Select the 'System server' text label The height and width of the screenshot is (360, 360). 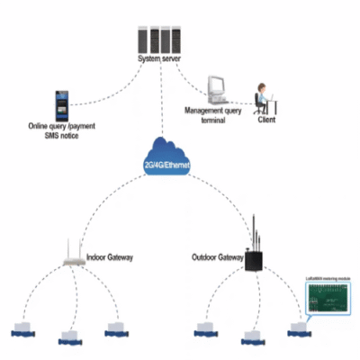(160, 59)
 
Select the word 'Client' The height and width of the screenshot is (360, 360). (267, 118)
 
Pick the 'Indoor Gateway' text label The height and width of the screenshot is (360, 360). (111, 257)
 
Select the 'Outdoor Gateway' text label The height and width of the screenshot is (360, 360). (218, 257)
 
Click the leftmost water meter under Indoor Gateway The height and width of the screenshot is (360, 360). (22, 329)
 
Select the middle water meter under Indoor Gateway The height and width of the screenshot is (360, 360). (69, 337)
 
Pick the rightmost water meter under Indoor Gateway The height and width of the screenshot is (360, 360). (115, 329)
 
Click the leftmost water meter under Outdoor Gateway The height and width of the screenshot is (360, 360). (203, 329)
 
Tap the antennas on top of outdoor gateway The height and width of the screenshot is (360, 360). (256, 230)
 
